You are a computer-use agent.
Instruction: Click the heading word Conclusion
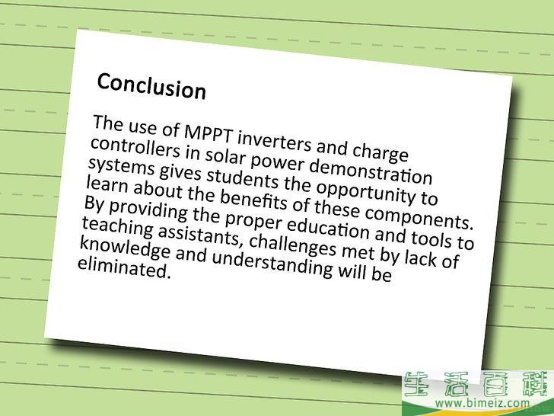pos(151,85)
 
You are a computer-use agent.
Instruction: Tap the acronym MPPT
pos(209,133)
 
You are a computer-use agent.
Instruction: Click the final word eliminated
pos(124,268)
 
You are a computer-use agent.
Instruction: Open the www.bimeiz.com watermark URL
pos(482,402)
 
